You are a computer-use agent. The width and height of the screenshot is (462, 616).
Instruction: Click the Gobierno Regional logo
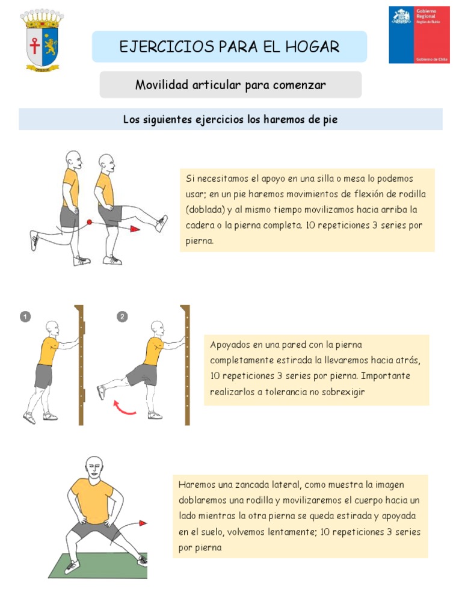pyautogui.click(x=419, y=34)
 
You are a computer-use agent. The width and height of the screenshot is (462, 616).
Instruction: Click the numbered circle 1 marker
pyautogui.click(x=25, y=316)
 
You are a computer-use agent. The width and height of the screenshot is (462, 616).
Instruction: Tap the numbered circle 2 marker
pyautogui.click(x=123, y=316)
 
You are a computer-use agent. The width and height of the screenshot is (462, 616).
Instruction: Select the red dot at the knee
pyautogui.click(x=89, y=223)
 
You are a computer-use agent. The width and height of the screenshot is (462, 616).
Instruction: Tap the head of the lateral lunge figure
pyautogui.click(x=93, y=466)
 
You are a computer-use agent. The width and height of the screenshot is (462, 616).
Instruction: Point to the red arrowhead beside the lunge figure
pyautogui.click(x=143, y=523)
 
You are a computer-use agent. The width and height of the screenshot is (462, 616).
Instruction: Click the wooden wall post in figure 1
pyautogui.click(x=79, y=365)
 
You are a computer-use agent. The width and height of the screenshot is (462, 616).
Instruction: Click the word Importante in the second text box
pyautogui.click(x=386, y=376)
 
